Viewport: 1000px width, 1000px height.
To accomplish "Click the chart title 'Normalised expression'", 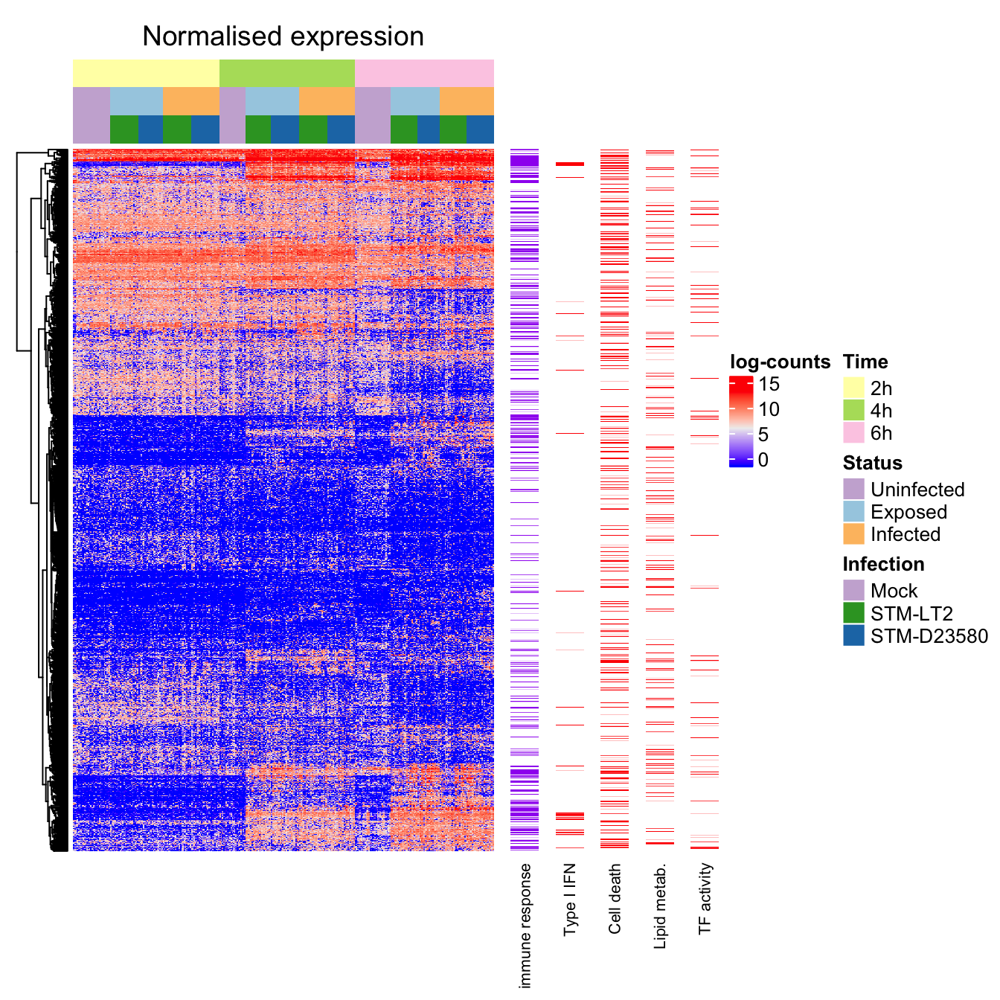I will click(x=283, y=36).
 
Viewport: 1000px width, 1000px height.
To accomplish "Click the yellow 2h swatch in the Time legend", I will click(x=853, y=388).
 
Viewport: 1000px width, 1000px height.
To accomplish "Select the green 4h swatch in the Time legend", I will click(x=853, y=410).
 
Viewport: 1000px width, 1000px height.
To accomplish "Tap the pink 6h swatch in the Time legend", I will click(x=853, y=432).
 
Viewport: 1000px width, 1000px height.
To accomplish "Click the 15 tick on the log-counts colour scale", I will click(x=769, y=384).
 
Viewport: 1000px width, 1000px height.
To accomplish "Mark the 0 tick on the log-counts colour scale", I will click(x=763, y=460).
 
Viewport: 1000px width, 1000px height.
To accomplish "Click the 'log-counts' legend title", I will click(x=780, y=362).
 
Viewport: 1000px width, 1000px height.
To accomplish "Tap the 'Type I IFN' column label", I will click(x=570, y=900).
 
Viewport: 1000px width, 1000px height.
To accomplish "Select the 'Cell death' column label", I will click(x=615, y=898).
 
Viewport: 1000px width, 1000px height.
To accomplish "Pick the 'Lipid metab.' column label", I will click(x=660, y=906).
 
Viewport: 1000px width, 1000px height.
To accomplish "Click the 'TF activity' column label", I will click(x=705, y=898).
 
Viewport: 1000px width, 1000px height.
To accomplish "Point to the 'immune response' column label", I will click(x=525, y=926).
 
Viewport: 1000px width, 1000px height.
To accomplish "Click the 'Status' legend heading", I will click(x=872, y=463).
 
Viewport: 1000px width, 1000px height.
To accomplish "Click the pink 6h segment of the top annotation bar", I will click(x=424, y=73).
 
